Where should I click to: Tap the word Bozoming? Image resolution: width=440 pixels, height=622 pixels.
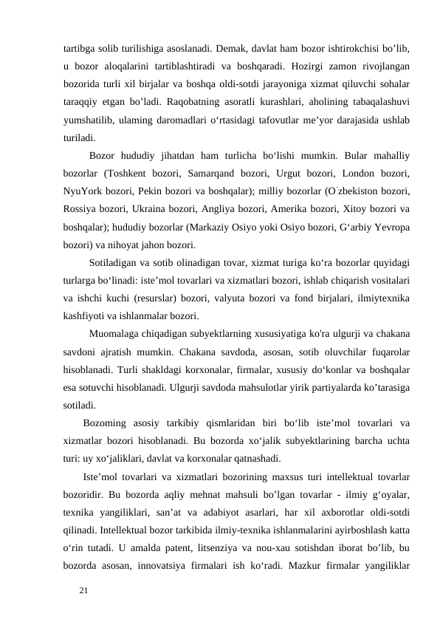click(109, 423)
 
